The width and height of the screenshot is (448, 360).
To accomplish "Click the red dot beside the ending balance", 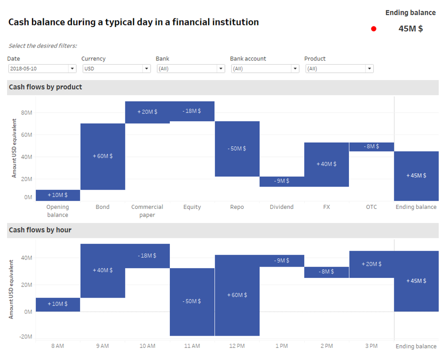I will (x=374, y=29).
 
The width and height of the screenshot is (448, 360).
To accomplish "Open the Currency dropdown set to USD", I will (x=116, y=69).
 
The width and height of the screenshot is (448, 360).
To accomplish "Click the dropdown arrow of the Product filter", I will (x=369, y=69).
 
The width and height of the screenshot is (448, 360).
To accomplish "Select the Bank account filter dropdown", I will (x=264, y=69).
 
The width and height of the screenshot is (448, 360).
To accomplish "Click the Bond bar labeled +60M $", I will (x=103, y=156).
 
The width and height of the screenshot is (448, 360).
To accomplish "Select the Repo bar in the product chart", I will (x=237, y=148).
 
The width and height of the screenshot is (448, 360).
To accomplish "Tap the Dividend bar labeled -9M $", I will (x=282, y=181).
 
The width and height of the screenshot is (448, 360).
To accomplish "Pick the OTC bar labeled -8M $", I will (x=371, y=147).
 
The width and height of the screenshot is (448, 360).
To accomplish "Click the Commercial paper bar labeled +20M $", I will (x=147, y=112).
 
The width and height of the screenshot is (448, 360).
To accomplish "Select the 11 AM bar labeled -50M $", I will (x=192, y=301).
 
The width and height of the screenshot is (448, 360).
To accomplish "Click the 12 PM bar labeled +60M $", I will (x=237, y=295).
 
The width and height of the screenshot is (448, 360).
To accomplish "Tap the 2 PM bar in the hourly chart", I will (x=327, y=272).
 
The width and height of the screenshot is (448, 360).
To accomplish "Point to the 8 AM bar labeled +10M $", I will (x=58, y=304).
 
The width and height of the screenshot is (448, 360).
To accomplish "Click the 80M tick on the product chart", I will (x=27, y=113).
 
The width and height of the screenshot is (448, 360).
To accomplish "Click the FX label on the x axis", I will (x=327, y=207).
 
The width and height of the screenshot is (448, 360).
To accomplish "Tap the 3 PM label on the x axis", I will (x=371, y=346).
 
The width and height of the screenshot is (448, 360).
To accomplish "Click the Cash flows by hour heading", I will (x=40, y=230).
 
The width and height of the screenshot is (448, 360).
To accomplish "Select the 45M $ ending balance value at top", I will (x=410, y=29).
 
